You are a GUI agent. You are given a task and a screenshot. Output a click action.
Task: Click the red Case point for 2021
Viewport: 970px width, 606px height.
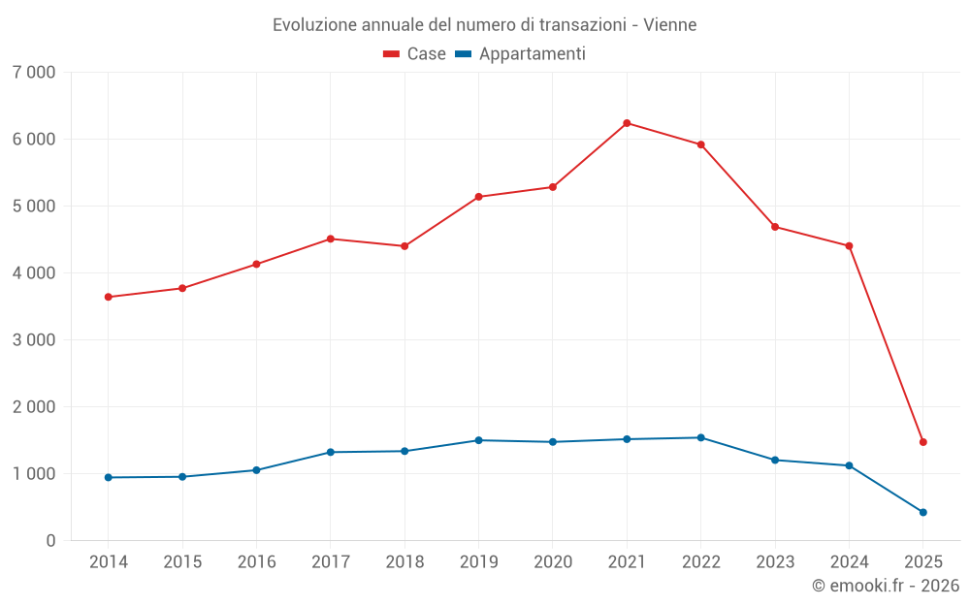coord(627,123)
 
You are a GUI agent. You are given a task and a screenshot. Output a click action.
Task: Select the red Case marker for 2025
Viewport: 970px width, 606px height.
coord(923,442)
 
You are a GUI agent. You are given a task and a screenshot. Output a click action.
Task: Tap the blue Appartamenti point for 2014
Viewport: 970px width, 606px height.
coord(108,477)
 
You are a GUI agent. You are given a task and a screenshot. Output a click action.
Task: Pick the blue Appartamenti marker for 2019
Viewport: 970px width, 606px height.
coord(478,440)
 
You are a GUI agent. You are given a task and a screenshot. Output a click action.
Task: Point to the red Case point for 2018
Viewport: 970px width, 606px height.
coord(404,246)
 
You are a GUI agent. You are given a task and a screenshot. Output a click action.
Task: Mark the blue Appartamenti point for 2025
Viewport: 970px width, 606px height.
coord(923,512)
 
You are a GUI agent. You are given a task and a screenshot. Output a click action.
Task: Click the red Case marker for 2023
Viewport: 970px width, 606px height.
coord(775,227)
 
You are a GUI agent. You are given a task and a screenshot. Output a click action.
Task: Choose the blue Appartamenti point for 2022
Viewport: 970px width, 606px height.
coord(700,437)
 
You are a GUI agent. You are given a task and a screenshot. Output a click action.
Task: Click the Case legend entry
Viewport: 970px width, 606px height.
coord(415,54)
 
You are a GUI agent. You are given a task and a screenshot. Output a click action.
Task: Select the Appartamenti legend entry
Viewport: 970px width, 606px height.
coord(521,54)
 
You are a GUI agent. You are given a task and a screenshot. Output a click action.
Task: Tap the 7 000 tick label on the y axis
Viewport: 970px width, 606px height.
coord(34,73)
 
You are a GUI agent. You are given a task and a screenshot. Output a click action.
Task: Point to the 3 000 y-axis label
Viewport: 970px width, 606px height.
coord(34,340)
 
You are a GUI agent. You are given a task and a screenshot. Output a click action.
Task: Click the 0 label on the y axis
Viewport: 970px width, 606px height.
coord(49,541)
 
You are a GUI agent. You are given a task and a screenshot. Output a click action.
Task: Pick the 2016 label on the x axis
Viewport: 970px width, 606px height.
coord(256,562)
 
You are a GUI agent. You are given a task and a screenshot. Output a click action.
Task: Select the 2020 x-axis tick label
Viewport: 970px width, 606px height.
coord(553,562)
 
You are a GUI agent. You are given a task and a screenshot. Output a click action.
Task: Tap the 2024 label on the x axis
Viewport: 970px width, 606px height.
coord(849,562)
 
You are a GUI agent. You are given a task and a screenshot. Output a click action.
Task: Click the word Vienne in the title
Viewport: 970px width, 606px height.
coord(670,25)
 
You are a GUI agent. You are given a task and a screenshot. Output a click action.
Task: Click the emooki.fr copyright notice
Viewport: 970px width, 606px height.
coord(886,586)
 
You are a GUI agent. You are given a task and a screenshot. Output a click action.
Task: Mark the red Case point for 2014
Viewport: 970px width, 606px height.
coord(108,297)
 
